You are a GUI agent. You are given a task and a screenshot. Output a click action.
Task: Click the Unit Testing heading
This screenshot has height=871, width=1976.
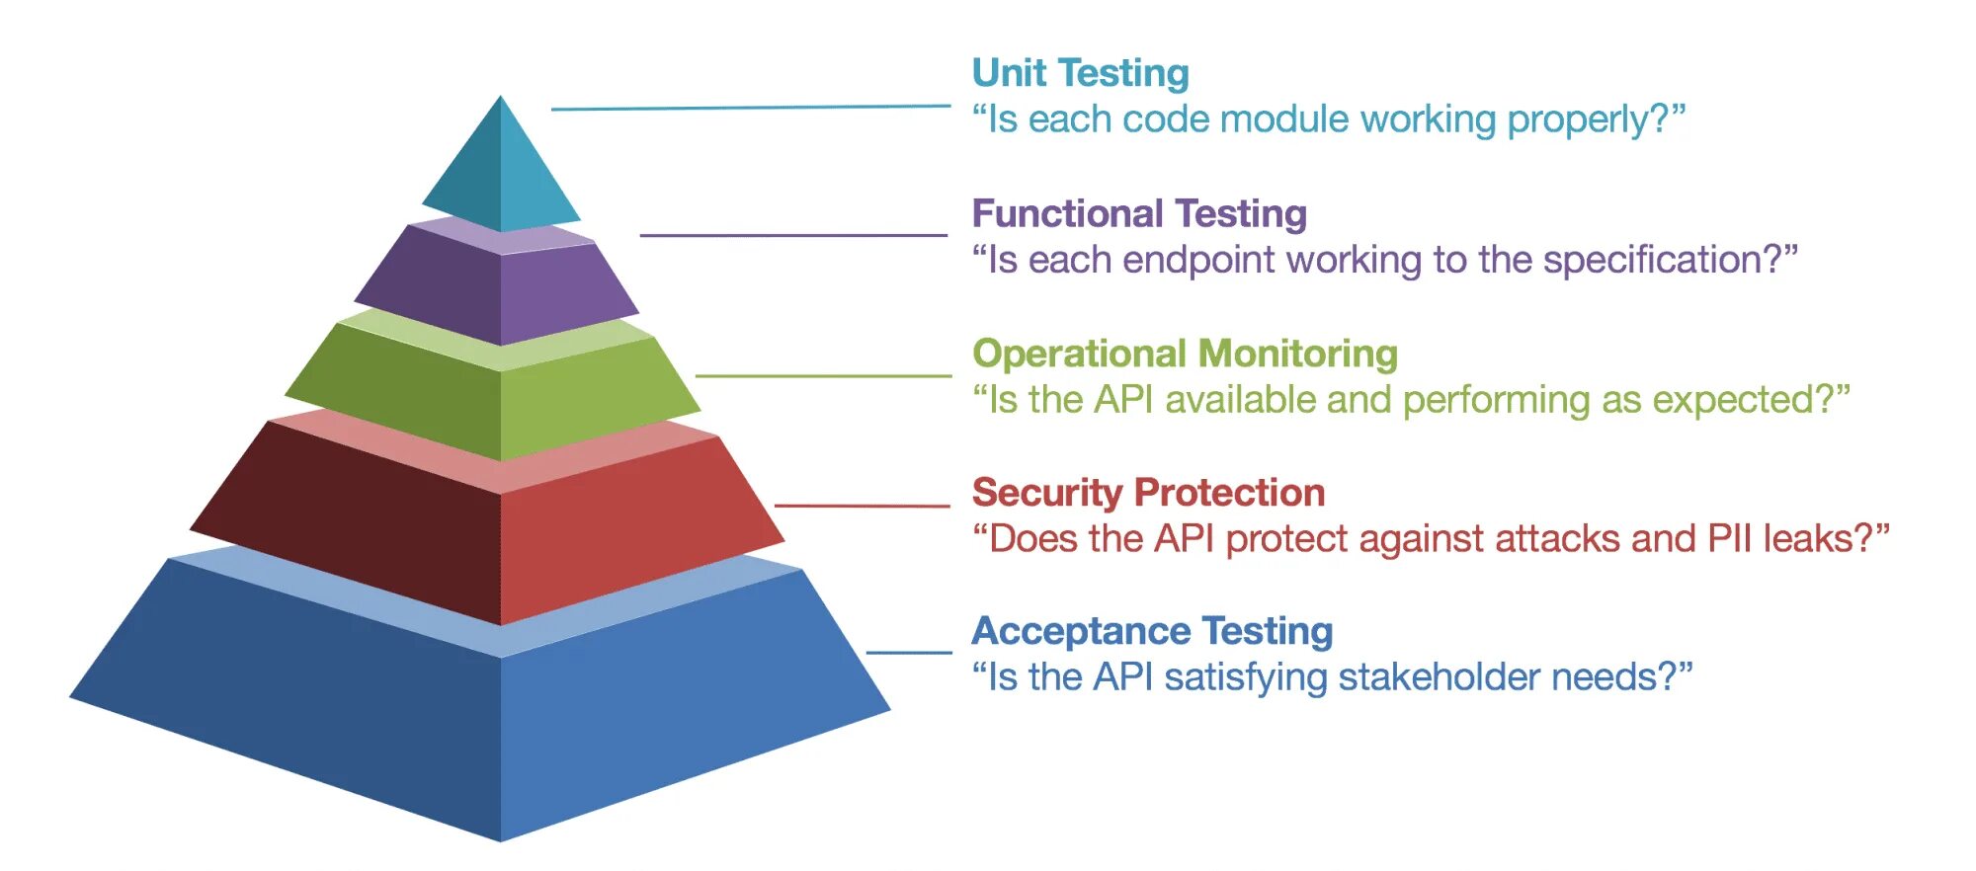pos(1080,73)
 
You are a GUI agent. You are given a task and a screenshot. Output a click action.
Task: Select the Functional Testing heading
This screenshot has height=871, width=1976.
pos(1139,213)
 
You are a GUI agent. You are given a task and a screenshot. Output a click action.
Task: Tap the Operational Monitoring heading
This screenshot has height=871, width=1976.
pos(1185,354)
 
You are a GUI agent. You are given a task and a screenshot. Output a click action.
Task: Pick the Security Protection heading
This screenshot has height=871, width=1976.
pos(1148,492)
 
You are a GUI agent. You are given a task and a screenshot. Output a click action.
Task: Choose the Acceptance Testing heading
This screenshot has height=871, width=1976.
pos(1152,631)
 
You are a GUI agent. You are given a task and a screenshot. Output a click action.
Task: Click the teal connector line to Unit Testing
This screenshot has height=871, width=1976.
pos(751,108)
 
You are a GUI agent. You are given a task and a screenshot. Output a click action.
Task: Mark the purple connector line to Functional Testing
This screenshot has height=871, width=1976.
pos(793,235)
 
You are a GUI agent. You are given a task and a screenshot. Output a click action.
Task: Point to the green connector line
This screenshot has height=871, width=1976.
pos(823,375)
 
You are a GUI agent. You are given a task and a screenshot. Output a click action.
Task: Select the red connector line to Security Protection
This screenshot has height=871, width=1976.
pos(862,506)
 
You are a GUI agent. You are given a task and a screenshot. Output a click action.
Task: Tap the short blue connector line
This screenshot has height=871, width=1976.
pos(909,653)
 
